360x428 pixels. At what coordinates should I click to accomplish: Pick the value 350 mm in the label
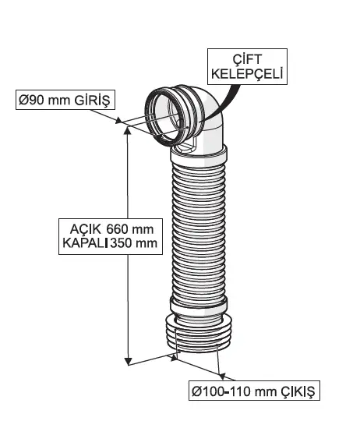(136, 243)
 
